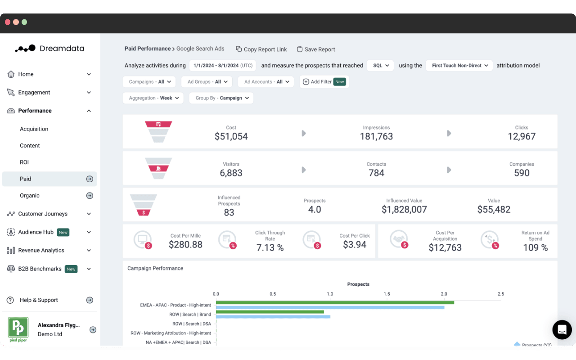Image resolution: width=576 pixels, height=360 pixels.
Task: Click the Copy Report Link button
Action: click(x=261, y=49)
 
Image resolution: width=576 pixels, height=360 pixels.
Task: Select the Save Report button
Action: click(x=316, y=49)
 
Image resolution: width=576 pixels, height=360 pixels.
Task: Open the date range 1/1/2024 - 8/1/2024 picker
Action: click(x=222, y=65)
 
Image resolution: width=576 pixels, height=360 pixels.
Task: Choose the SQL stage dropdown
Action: click(x=380, y=65)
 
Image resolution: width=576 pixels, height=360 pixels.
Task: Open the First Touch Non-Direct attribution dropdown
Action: click(x=459, y=65)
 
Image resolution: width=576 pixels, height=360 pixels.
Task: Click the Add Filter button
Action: click(x=324, y=82)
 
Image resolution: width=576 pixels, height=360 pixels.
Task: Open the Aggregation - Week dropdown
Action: click(x=153, y=98)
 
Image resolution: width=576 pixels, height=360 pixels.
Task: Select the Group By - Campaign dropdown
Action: click(x=221, y=98)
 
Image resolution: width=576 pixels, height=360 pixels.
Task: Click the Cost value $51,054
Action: click(x=231, y=136)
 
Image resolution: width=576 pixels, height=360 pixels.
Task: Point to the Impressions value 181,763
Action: click(x=376, y=136)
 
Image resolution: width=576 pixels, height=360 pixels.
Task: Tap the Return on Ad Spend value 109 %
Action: click(x=535, y=247)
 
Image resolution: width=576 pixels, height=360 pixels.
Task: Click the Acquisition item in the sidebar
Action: click(x=34, y=129)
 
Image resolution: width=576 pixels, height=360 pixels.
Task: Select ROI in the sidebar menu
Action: click(x=24, y=162)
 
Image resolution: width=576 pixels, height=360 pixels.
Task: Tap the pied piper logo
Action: click(x=18, y=329)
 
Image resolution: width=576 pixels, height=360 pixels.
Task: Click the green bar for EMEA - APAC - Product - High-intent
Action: click(x=335, y=302)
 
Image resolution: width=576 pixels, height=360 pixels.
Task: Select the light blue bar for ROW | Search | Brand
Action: click(x=273, y=316)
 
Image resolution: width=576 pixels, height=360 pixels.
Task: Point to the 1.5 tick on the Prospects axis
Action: click(x=387, y=294)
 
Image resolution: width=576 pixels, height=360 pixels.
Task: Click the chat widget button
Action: click(x=562, y=330)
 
